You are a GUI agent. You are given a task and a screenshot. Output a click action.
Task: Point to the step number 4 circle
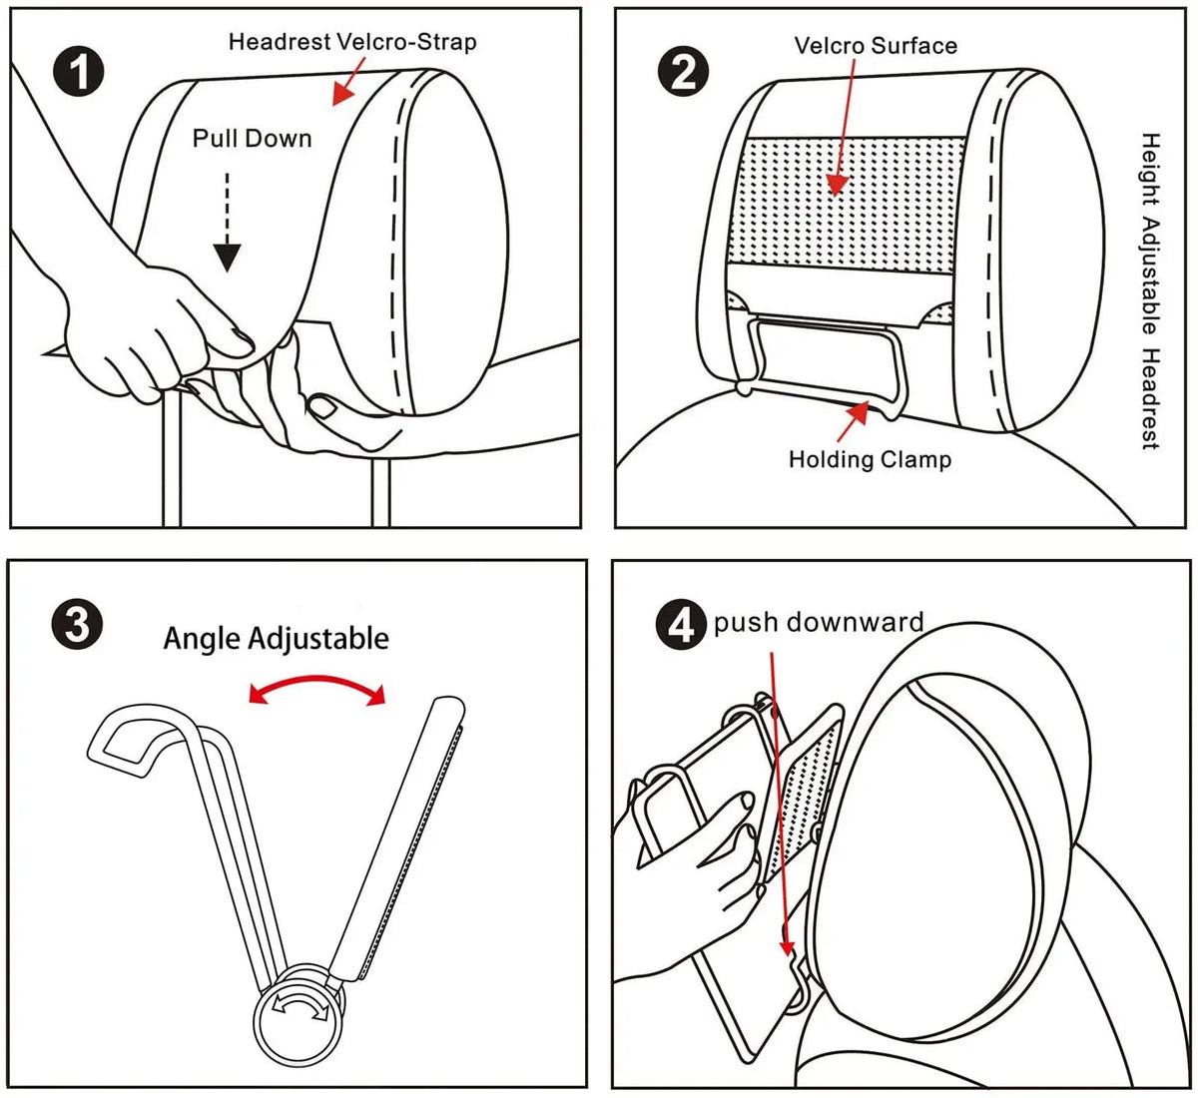click(681, 625)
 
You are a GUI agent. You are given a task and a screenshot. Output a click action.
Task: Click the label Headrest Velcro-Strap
click(352, 42)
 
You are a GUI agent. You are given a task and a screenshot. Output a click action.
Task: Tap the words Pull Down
click(253, 138)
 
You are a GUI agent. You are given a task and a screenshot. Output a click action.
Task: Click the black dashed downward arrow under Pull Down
click(229, 224)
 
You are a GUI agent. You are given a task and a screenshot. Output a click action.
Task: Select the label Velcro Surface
click(876, 45)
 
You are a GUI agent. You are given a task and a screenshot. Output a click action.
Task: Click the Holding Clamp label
click(870, 459)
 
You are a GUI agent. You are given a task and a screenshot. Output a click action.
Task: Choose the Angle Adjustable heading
click(277, 638)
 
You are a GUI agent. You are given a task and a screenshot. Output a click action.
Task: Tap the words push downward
click(819, 623)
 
